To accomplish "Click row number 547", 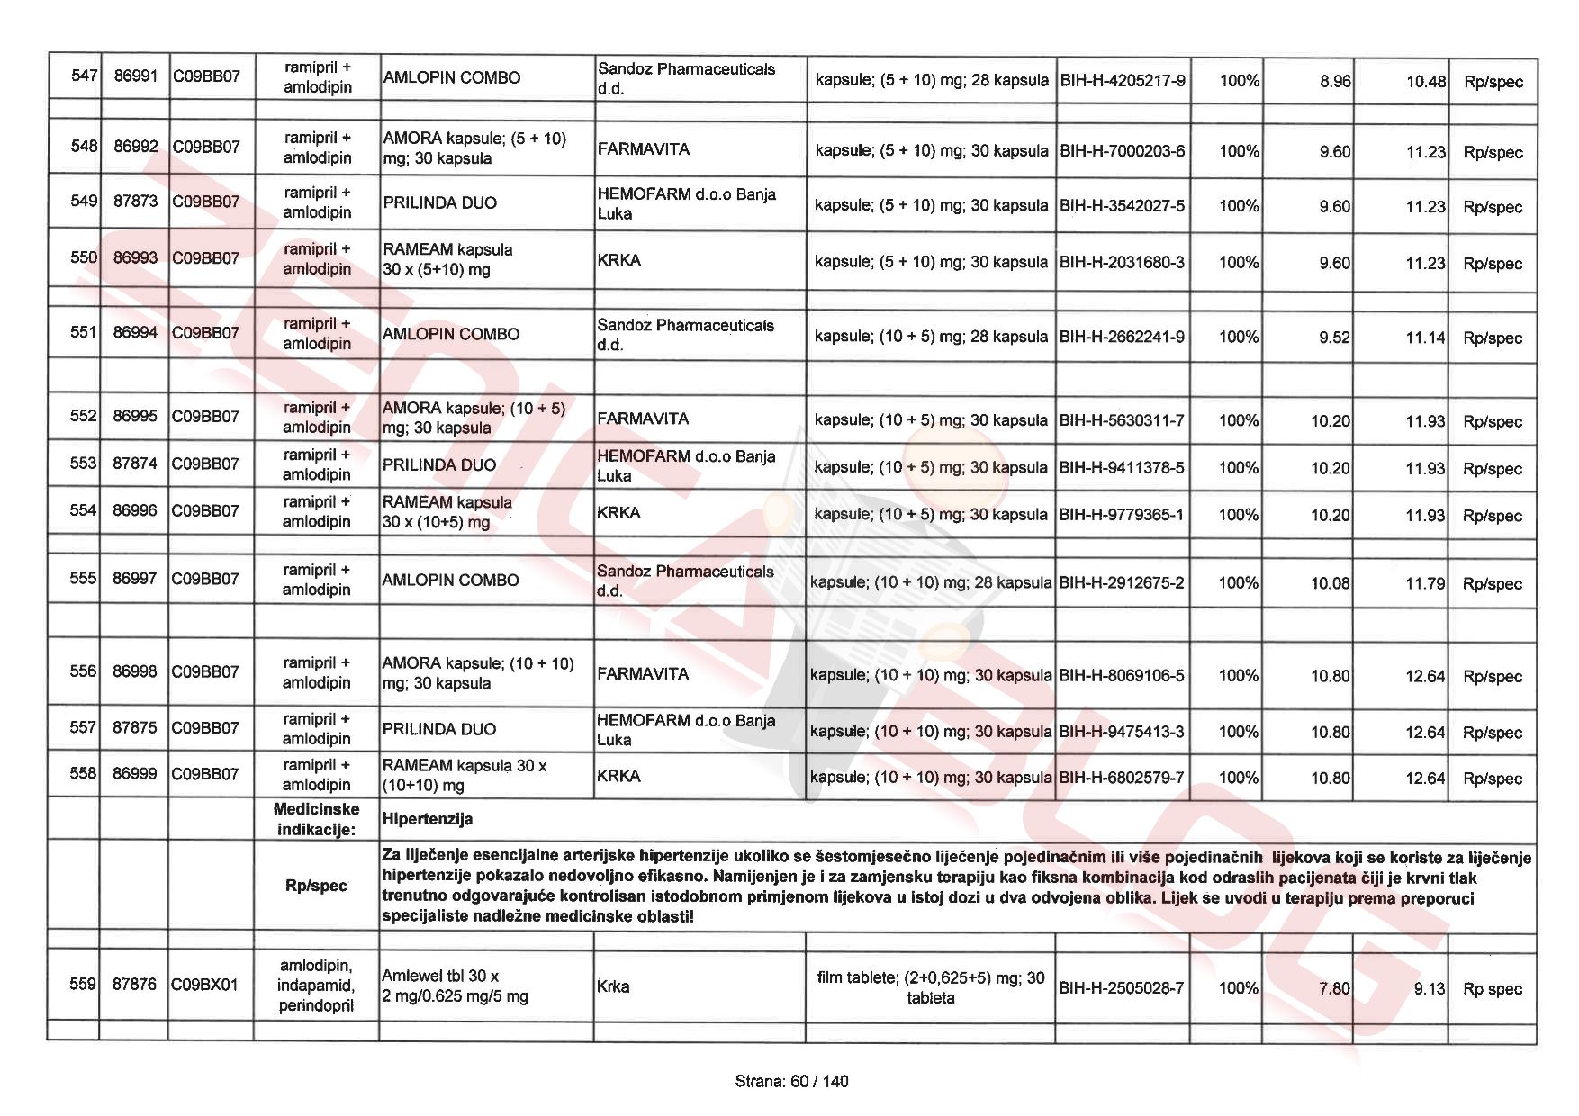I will pos(84,76).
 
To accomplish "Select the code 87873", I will pos(135,201).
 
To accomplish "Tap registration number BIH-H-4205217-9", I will pos(1123,81).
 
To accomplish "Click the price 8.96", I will pos(1335,81).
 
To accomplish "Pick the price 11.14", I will pos(1425,337).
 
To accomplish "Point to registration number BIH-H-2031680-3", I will pos(1122,263).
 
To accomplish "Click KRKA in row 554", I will pos(618,513).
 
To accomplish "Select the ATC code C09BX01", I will pos(205,985).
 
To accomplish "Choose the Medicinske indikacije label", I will pos(316,819).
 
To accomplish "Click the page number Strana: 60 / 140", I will pos(791,1081).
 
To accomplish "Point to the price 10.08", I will pos(1330,583).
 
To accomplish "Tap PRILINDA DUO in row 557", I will pos(438,729).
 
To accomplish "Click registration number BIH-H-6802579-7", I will pos(1122,778).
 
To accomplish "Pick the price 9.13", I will pos(1429,988).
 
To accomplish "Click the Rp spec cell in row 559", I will pos(1492,988).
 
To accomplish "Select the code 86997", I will pos(134,579).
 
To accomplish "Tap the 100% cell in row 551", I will pos(1239,337).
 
